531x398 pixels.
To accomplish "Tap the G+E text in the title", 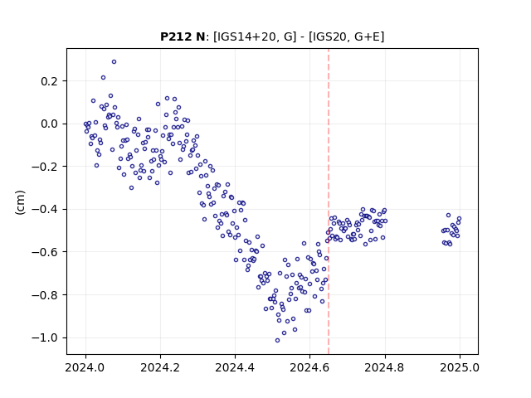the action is tap(368, 36).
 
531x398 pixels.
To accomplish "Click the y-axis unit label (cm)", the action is tap(20, 202).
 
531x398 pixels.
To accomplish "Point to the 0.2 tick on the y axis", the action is tap(50, 81).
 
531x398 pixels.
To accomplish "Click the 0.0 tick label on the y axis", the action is tap(50, 124).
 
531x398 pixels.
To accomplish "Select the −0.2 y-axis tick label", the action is tap(46, 167).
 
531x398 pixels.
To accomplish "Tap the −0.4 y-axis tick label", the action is tap(46, 209).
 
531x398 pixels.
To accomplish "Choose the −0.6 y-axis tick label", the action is tap(46, 252).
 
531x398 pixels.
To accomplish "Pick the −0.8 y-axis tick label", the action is tap(46, 295).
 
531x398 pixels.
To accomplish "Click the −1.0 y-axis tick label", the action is tap(46, 337).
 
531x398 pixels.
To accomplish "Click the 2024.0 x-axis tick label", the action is tap(85, 367).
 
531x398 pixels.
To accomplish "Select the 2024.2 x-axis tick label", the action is tap(160, 367).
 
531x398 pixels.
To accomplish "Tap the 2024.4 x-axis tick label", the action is tap(235, 367).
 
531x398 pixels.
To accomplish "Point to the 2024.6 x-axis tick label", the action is tap(309, 367).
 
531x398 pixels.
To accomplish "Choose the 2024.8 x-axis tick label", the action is tap(385, 367).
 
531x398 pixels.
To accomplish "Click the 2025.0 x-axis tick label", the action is tap(460, 367).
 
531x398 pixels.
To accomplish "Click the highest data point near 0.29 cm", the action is tap(114, 62).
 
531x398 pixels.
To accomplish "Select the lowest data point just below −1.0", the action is tap(277, 341).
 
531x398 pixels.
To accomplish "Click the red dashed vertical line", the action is tap(329, 201).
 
